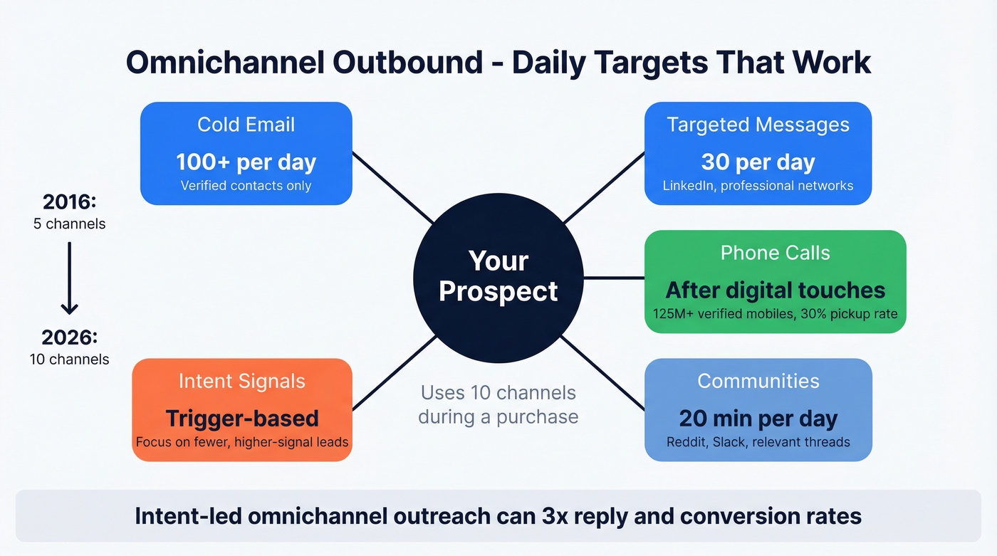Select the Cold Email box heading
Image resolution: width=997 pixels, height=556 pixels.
246,125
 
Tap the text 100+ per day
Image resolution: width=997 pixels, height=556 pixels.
246,162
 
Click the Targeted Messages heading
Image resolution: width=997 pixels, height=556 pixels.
758,125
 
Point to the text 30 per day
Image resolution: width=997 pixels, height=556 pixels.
758,162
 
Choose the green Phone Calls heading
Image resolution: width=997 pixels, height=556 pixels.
775,253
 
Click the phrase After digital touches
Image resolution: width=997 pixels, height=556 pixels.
775,290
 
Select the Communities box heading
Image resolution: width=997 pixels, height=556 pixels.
758,381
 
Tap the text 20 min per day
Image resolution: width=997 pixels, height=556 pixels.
758,418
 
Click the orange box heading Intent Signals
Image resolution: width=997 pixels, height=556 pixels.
242,381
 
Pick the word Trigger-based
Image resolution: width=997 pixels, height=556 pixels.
242,418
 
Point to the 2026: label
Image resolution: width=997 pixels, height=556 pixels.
69,337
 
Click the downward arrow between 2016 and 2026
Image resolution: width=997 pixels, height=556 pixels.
69,278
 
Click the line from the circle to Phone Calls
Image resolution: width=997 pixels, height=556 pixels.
614,278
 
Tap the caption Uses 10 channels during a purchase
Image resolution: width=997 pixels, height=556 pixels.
498,404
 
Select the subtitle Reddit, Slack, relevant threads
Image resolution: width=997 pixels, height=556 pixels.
758,442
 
